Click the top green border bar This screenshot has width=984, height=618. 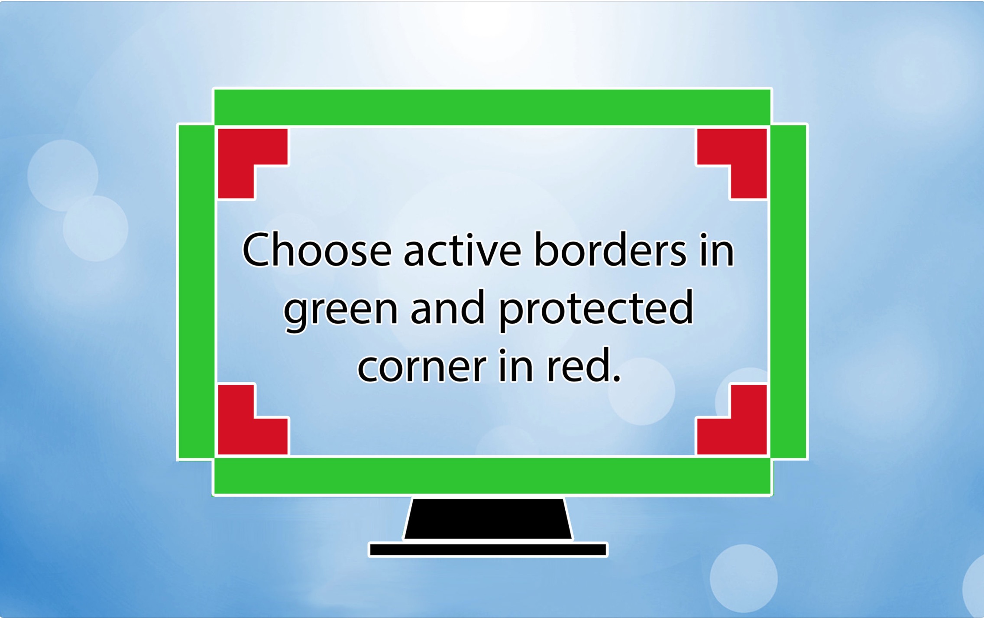[x=492, y=107]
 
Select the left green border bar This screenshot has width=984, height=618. [x=196, y=291]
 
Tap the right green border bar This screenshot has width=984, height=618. [x=788, y=291]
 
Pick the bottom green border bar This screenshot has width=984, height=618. [x=492, y=476]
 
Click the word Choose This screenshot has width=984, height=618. [x=317, y=250]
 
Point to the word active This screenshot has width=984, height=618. [x=462, y=250]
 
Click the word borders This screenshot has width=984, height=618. [x=610, y=250]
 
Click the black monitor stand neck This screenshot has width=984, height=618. [x=488, y=519]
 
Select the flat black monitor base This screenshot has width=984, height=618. [x=488, y=550]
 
